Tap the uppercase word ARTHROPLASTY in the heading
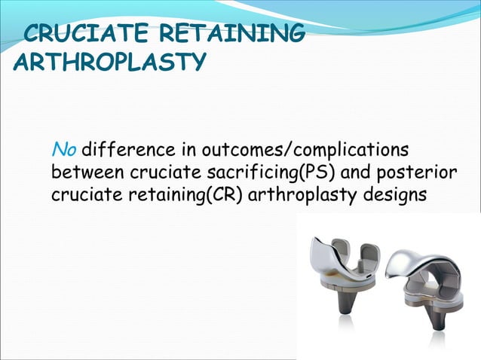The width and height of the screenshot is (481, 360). coord(108,61)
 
